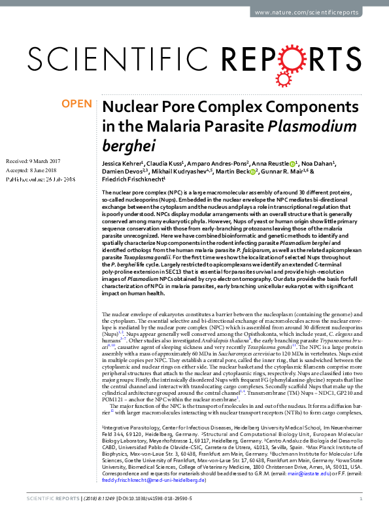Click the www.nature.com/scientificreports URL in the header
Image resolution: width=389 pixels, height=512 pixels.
coord(324,12)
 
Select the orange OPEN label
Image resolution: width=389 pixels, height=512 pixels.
coord(77,105)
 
